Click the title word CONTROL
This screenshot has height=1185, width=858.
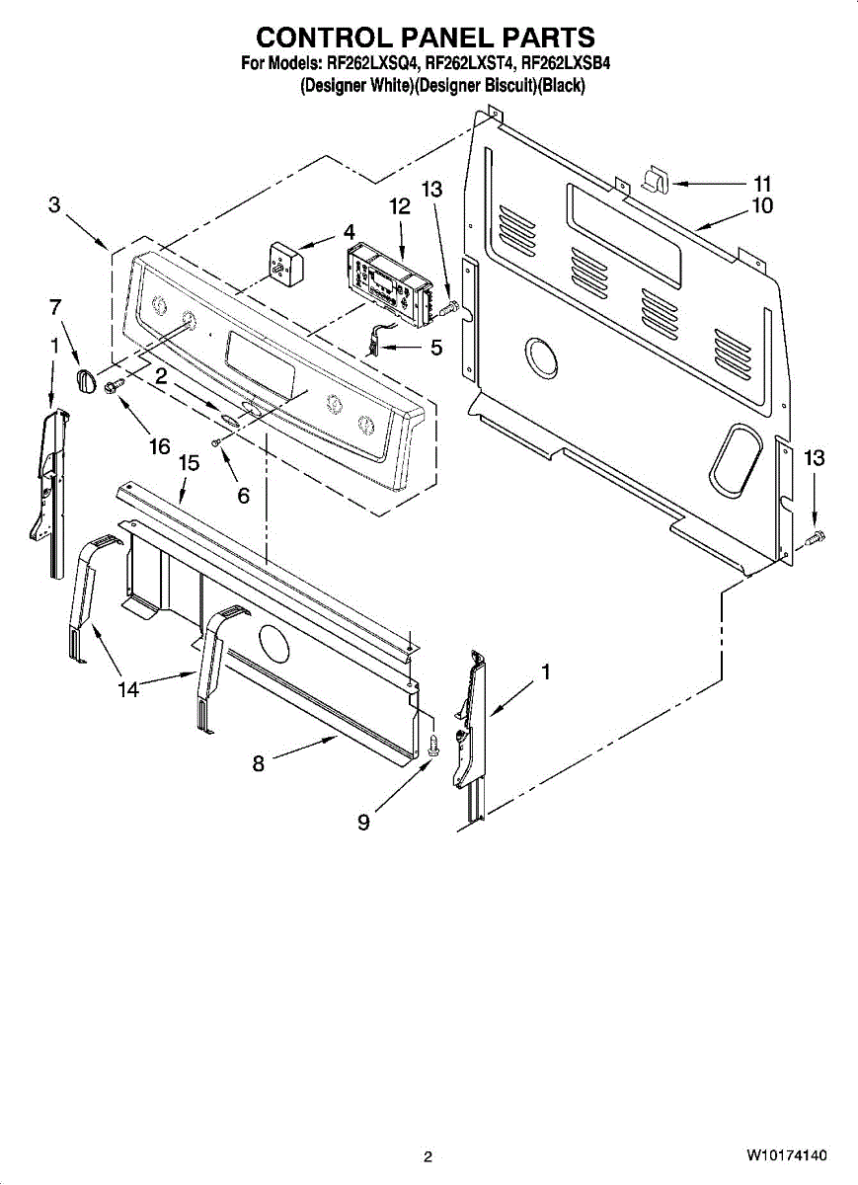pos(318,38)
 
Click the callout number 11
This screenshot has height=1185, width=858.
pos(761,184)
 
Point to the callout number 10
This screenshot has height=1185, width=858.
pos(761,206)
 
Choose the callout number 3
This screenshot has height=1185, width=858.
pos(54,205)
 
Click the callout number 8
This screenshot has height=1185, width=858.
pos(259,762)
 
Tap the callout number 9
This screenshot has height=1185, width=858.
pos(364,822)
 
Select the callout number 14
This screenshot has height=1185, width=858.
pos(128,690)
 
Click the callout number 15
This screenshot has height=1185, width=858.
pos(189,462)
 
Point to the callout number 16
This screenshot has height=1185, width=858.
pos(159,446)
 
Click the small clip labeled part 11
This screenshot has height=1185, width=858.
pos(655,181)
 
